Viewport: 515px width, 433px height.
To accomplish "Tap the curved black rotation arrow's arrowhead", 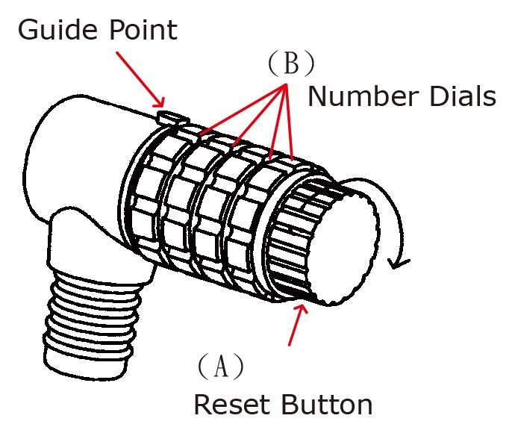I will click(404, 261).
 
